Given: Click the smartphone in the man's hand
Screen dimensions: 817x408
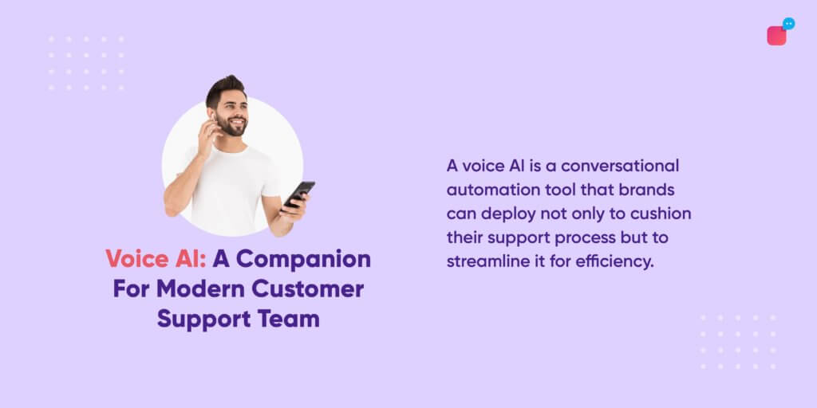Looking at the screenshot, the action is [x=298, y=194].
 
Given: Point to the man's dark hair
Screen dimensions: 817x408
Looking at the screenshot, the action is [x=225, y=89].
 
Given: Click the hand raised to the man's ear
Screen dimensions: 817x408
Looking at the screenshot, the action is [x=207, y=133].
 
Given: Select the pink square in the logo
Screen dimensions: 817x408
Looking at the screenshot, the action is [x=776, y=36].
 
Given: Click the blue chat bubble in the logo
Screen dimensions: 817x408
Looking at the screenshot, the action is [x=789, y=23].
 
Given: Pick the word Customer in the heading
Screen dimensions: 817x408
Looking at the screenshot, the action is [x=307, y=288].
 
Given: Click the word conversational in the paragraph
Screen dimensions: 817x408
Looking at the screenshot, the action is [x=619, y=166].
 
